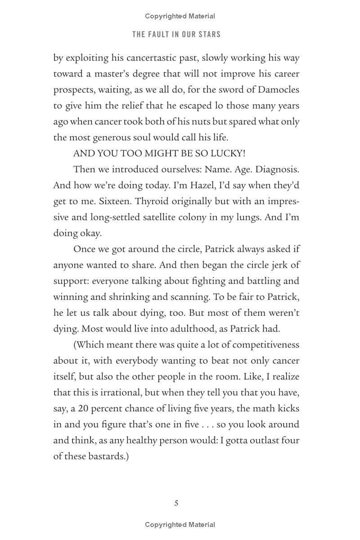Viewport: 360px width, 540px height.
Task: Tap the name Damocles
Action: click(279, 89)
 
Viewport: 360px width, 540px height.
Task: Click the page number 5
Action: click(176, 503)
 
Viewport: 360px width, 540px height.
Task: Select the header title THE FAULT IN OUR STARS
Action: click(176, 35)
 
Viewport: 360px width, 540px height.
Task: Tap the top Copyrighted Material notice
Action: click(180, 16)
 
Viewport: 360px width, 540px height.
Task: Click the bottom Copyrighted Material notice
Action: click(180, 525)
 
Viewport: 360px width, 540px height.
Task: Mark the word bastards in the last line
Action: click(104, 456)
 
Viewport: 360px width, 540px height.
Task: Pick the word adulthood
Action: click(185, 329)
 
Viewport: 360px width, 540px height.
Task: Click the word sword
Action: click(218, 89)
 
